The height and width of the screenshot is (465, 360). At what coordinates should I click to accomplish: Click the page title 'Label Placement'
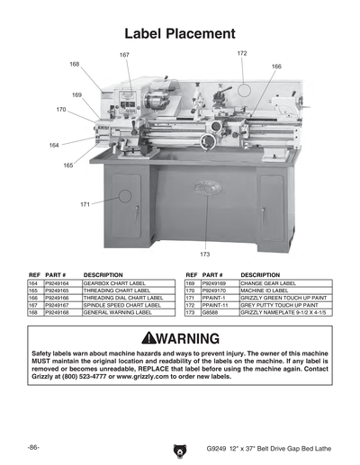coord(180,34)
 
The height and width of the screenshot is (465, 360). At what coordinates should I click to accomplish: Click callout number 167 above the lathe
coord(124,56)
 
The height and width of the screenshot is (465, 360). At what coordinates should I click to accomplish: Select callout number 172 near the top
coord(242,54)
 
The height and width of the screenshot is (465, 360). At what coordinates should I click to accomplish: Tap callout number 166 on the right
coord(276,67)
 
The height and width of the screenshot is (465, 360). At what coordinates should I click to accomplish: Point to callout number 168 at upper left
coord(74,64)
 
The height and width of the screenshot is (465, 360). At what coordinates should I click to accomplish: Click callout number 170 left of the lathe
coord(60,110)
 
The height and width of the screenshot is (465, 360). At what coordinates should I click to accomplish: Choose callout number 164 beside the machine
coord(54,145)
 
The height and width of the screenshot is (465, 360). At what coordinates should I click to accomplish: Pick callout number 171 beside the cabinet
coord(85,204)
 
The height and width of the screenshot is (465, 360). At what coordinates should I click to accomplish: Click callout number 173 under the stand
coord(205,255)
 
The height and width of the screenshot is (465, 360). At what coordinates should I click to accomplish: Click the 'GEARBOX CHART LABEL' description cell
coord(114,282)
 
